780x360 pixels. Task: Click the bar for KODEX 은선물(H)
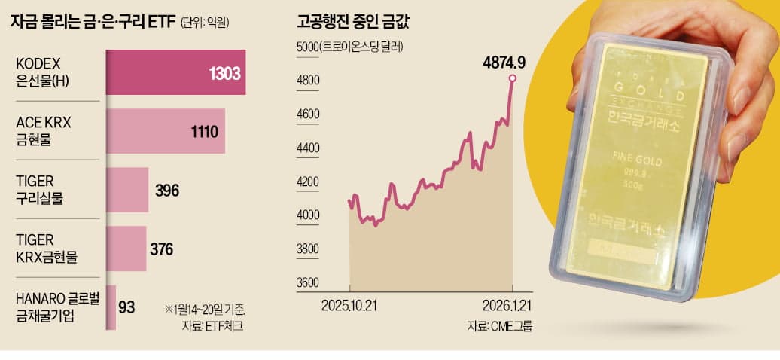pyautogui.click(x=175, y=72)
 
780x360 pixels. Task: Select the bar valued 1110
pyautogui.click(x=165, y=132)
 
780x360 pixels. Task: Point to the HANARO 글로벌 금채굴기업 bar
pyautogui.click(x=111, y=307)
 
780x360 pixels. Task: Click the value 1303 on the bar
pyautogui.click(x=224, y=73)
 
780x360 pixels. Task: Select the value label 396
pyautogui.click(x=166, y=191)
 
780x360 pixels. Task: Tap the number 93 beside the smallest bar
pyautogui.click(x=126, y=307)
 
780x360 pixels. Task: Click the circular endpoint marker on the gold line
pyautogui.click(x=513, y=78)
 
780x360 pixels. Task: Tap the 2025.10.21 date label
pyautogui.click(x=349, y=306)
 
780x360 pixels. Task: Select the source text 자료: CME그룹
pyautogui.click(x=494, y=326)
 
